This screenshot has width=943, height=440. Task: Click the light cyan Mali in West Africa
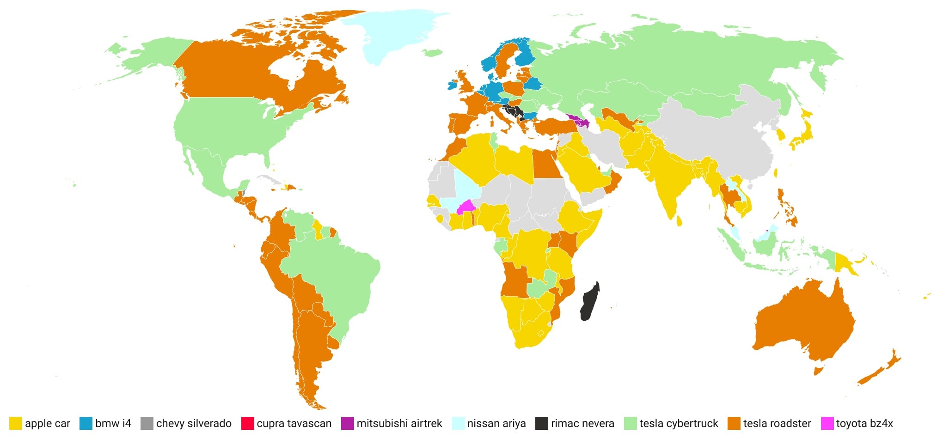click(x=465, y=187)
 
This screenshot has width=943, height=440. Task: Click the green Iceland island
click(x=433, y=53)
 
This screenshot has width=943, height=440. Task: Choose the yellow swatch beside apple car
click(x=16, y=423)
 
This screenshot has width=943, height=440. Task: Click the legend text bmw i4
click(x=113, y=423)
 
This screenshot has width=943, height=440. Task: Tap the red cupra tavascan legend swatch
click(x=248, y=423)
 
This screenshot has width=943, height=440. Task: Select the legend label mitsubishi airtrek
click(x=399, y=423)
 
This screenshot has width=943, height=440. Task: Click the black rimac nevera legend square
click(x=542, y=423)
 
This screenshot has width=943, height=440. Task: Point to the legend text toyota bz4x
click(x=864, y=423)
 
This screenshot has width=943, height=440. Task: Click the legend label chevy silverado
click(x=194, y=423)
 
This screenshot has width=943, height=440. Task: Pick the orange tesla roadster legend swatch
click(x=734, y=423)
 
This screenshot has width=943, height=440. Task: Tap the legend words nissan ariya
click(x=496, y=423)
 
